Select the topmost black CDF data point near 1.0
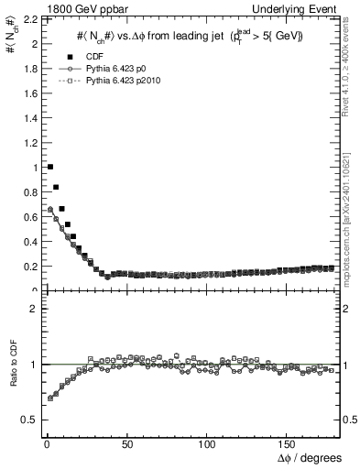coord(49,167)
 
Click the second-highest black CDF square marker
coord(56,187)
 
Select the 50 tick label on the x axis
coord(126,443)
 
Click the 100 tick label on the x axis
coord(207,443)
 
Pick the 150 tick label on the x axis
coord(288,443)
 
